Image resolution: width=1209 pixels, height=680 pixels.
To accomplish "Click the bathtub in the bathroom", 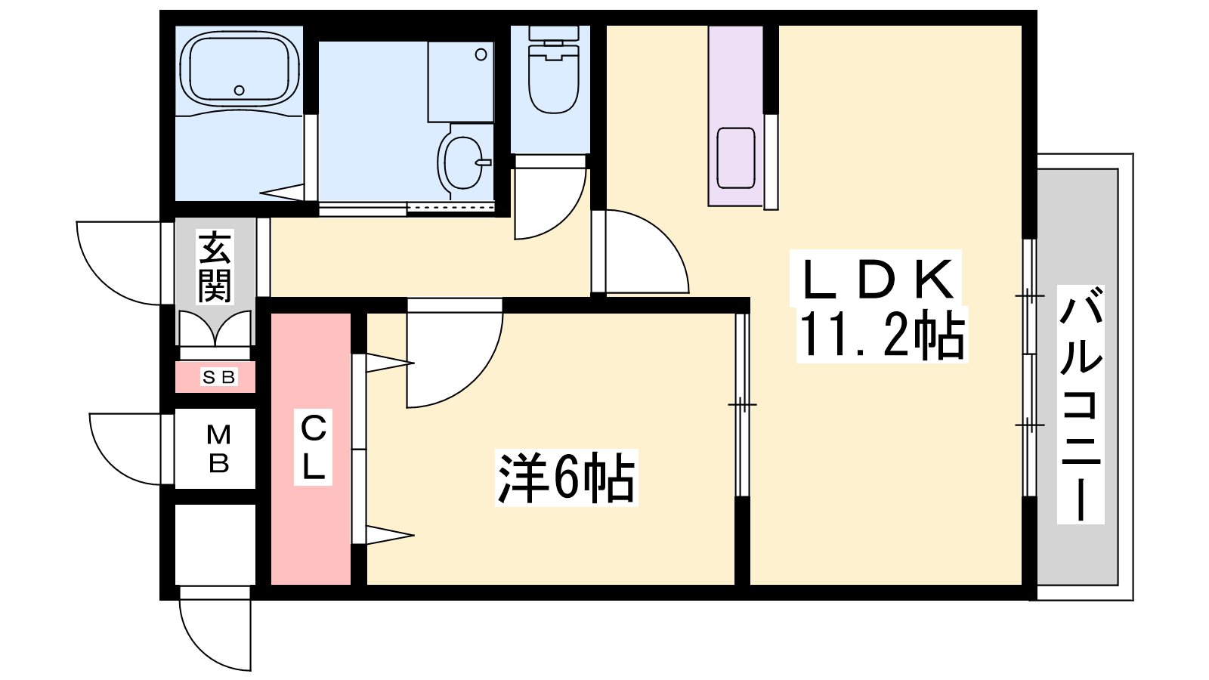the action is (x=239, y=69).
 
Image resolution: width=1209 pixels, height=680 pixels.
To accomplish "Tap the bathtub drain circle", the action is (x=239, y=90).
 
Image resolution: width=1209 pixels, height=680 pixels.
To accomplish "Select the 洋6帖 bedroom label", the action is (x=566, y=478).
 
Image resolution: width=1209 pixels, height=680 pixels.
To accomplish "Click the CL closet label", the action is (x=313, y=447).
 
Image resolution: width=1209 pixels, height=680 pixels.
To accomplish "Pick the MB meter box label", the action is (x=218, y=449).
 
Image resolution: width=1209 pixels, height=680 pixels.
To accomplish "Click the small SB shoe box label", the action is (x=218, y=377).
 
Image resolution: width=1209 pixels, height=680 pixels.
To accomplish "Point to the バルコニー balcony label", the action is (x=1081, y=404).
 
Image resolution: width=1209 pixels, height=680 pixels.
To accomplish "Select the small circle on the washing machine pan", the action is (x=481, y=54).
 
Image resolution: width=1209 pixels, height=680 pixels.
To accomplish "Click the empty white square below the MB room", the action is (x=215, y=545).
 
